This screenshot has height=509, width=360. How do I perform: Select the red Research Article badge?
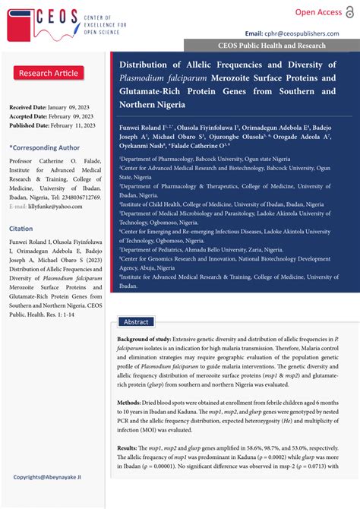[48, 73]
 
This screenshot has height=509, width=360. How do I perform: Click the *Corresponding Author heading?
[44, 147]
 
